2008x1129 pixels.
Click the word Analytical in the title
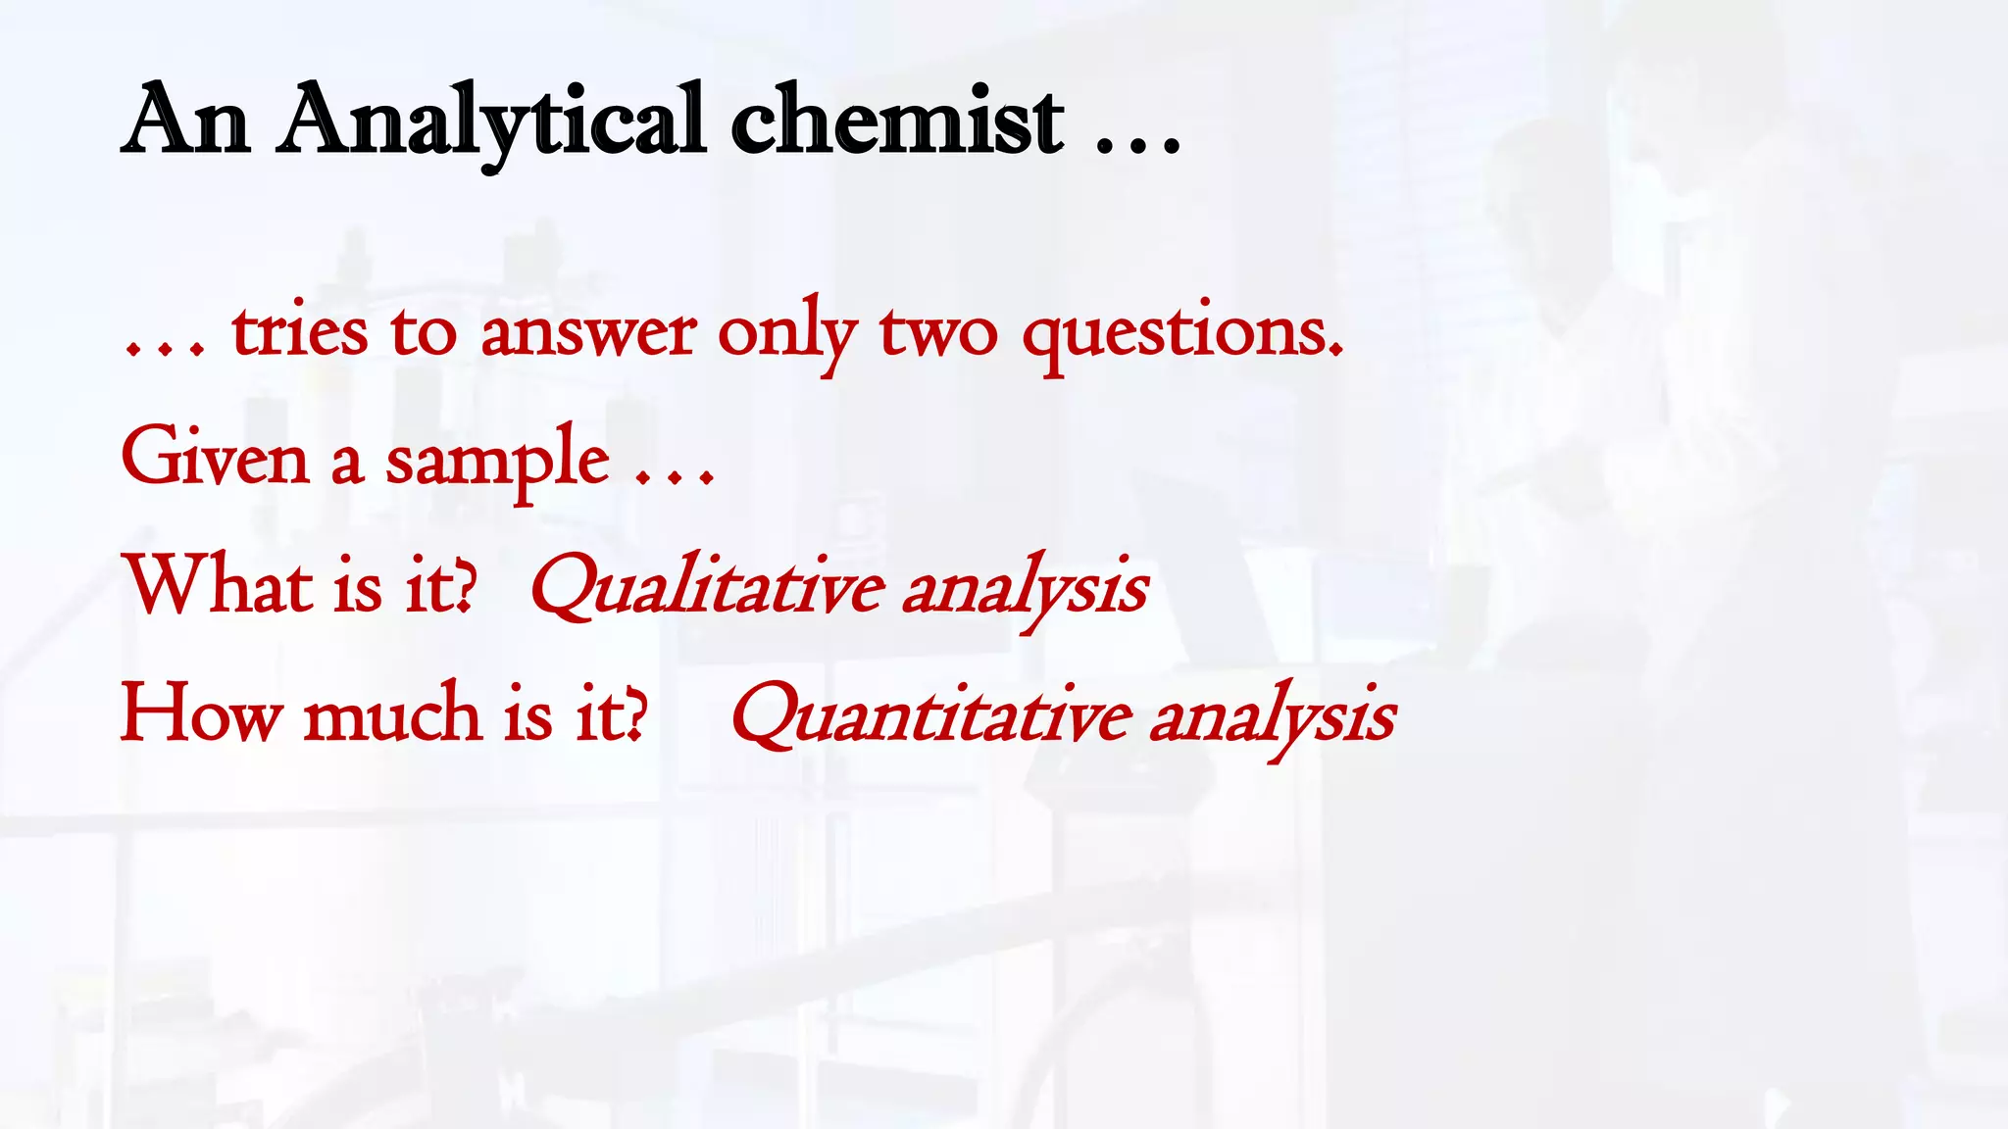[x=490, y=123]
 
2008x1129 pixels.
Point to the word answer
[x=587, y=333]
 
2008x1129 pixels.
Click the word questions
[x=1182, y=333]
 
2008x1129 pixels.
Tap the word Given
[x=215, y=457]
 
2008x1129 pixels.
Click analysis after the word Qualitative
[x=1025, y=589]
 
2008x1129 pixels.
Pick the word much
[x=392, y=712]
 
